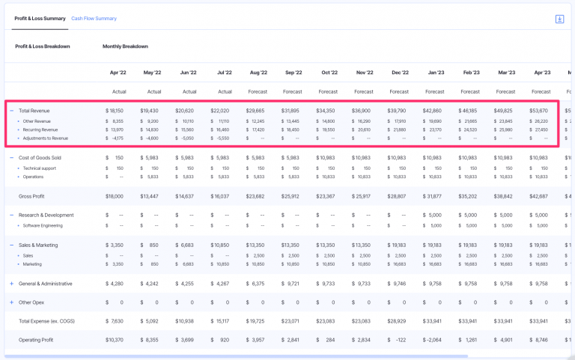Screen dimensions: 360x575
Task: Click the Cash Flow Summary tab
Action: [x=94, y=18]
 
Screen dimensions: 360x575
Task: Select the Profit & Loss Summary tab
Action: [x=40, y=18]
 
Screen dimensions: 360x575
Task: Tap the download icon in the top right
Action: [x=559, y=19]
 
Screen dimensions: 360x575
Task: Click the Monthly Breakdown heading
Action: [x=125, y=46]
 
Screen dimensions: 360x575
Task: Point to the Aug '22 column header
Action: [x=258, y=73]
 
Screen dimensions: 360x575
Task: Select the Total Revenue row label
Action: [x=34, y=111]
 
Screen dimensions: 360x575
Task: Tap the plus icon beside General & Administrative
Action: [x=11, y=284]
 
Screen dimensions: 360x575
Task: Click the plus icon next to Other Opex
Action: [x=11, y=302]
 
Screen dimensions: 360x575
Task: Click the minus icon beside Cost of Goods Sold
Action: [x=11, y=158]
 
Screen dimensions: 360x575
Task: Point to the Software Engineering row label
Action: [x=43, y=225]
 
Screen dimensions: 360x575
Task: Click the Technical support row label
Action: [x=40, y=168]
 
